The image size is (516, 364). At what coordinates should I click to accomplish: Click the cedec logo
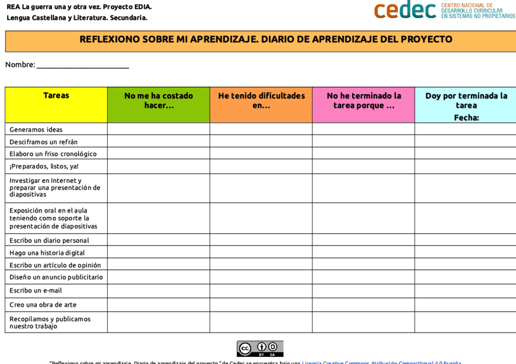tap(405, 10)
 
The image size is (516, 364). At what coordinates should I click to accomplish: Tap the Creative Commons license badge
tap(260, 348)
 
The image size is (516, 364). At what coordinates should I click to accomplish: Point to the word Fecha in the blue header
tap(466, 118)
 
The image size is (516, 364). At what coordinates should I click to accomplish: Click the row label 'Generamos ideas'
tap(36, 129)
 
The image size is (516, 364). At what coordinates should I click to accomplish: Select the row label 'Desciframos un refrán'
tap(43, 142)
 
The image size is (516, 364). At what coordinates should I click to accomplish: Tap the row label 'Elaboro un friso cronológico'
tap(53, 154)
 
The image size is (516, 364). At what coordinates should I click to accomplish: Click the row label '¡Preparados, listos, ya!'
tap(44, 167)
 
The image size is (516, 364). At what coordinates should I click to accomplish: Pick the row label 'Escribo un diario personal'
tap(49, 241)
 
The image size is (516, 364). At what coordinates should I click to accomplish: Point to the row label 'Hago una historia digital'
tap(47, 253)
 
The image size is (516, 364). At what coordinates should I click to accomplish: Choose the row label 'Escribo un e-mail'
tap(36, 290)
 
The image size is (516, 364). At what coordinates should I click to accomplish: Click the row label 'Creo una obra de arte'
tap(43, 305)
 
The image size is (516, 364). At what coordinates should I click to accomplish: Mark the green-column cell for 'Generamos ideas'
tap(159, 129)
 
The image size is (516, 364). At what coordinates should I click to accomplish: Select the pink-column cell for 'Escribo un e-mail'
tap(364, 290)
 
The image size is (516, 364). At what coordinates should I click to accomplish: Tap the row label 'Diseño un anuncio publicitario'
tap(56, 277)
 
